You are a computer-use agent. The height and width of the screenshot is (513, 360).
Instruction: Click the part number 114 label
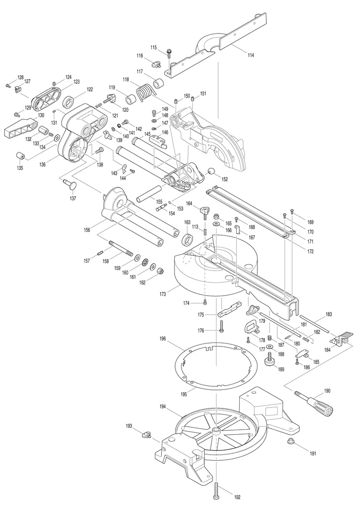(x=251, y=56)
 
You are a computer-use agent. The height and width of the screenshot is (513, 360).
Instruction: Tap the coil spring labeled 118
(x=144, y=92)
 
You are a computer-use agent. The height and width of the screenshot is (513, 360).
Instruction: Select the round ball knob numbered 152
(x=212, y=171)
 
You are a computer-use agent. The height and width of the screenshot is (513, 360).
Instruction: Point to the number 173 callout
(x=163, y=294)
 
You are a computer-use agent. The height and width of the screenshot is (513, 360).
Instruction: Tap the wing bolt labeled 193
(x=145, y=435)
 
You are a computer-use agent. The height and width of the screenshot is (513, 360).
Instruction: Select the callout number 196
(x=163, y=339)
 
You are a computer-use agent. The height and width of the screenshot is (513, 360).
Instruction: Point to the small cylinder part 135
(x=21, y=156)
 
